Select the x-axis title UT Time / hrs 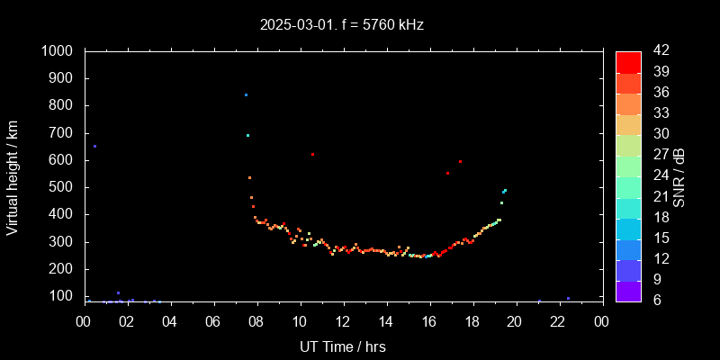point(342,346)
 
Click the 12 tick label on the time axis point(343,321)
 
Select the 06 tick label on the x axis point(213,321)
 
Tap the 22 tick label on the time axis point(559,321)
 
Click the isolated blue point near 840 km point(246,94)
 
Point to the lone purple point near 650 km point(94,146)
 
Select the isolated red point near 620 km point(312,154)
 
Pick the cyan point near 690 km point(247,135)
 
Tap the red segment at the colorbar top point(628,61)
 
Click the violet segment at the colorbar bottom point(628,291)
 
